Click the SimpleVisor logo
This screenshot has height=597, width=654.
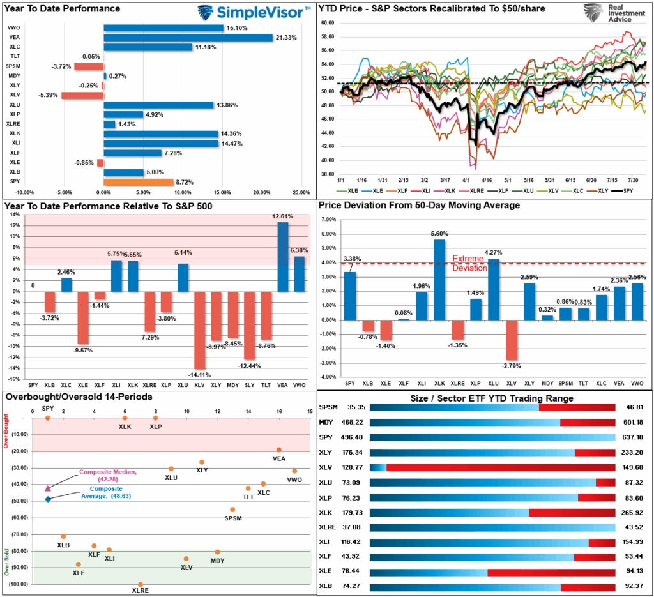tap(254, 11)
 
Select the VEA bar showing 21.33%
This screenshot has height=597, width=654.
tap(188, 38)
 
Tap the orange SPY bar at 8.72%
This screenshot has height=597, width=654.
tap(138, 182)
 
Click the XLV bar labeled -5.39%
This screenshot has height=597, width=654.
tap(82, 95)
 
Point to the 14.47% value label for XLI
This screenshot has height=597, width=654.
tap(231, 143)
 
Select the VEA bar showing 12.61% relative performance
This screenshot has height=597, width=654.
tap(283, 257)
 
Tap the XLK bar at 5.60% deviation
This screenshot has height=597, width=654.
tap(440, 279)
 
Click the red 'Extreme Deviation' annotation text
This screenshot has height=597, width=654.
tap(469, 263)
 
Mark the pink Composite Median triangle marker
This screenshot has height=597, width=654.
tap(48, 488)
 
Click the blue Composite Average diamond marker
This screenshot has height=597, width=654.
tap(48, 499)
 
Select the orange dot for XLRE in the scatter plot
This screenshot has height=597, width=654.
tap(141, 584)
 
